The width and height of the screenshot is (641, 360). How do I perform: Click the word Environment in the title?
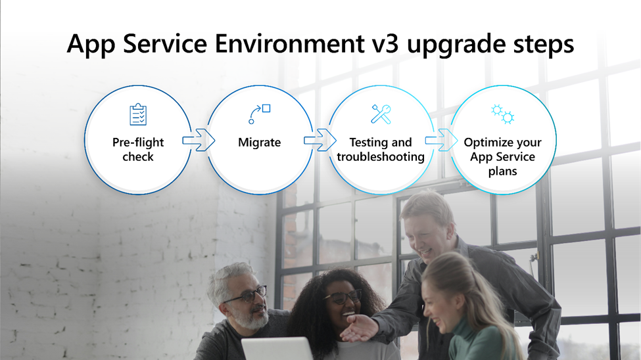coord(289,43)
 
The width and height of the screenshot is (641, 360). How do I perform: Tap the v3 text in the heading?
coord(385,43)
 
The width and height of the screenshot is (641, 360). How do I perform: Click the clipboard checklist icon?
coord(138,114)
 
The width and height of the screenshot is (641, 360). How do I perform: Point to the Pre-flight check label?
coord(138,149)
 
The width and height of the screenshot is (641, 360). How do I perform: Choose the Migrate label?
coord(260,142)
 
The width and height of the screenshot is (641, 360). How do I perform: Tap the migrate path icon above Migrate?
coord(260,114)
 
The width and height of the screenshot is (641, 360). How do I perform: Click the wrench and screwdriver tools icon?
coord(381,114)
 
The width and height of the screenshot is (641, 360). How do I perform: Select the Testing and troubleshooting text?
coord(381,150)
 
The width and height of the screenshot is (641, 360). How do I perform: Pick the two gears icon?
coord(502,114)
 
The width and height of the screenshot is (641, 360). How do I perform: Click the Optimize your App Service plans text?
coord(502,156)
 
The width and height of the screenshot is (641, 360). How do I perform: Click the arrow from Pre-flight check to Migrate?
coord(199,140)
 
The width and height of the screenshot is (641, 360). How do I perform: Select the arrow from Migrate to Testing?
coord(320,140)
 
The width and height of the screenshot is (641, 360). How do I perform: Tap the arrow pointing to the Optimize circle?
coord(442,140)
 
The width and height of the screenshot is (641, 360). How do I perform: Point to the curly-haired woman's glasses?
coord(343,296)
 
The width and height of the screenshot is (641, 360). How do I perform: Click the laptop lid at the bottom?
coord(277,349)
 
